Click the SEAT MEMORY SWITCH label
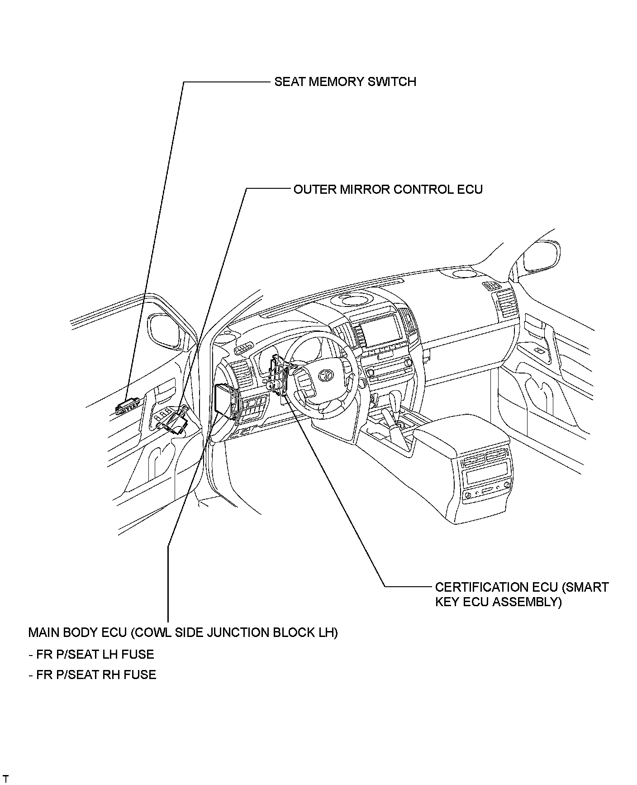click(x=345, y=82)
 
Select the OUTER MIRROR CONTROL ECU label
click(x=388, y=189)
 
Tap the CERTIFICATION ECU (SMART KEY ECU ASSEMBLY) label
click(x=521, y=594)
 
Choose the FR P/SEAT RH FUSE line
click(x=92, y=675)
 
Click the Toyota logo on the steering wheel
click(x=325, y=375)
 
